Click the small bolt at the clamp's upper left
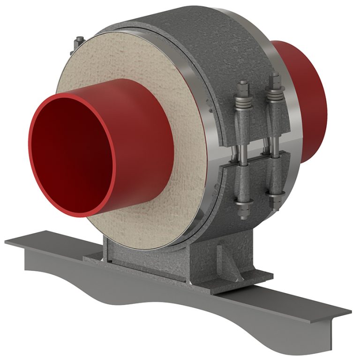tap(77, 43)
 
